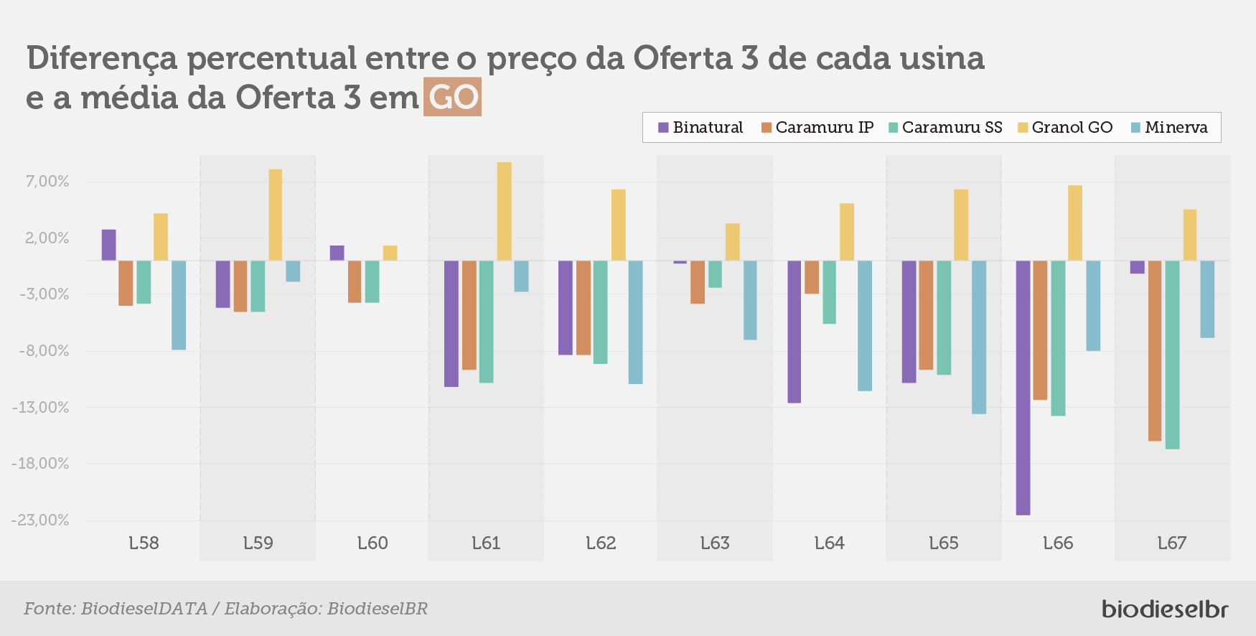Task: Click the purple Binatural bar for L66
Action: click(x=1023, y=388)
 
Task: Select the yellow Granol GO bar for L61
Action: click(x=504, y=211)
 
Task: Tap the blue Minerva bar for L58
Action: click(x=179, y=305)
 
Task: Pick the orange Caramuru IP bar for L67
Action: click(x=1155, y=351)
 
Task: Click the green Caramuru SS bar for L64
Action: click(x=829, y=292)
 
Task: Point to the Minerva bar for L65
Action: click(x=979, y=337)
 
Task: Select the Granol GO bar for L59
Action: click(x=275, y=215)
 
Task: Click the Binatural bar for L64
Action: click(x=794, y=332)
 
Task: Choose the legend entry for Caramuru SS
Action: click(x=945, y=127)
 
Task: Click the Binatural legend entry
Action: click(x=700, y=127)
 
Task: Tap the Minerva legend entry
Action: click(x=1169, y=127)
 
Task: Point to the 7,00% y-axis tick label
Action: click(x=47, y=182)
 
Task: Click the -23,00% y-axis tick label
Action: click(x=40, y=520)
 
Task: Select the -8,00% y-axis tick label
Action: click(x=44, y=351)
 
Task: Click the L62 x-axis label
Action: click(x=601, y=543)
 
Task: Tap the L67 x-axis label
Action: click(x=1172, y=543)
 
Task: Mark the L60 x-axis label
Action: click(x=372, y=543)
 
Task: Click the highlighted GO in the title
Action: click(x=452, y=97)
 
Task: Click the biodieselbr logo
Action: click(x=1165, y=609)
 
